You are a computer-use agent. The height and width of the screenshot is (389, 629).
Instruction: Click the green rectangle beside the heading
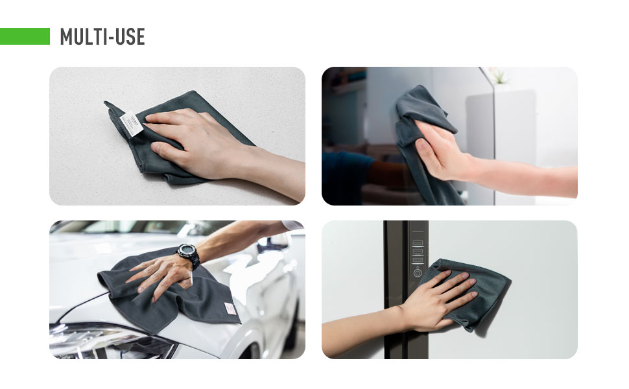[25, 36]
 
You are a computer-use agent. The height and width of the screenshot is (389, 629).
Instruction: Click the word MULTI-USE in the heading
[102, 37]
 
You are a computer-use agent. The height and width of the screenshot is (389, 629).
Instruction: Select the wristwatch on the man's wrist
[188, 254]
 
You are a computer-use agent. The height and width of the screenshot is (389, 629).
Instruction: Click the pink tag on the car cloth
[230, 309]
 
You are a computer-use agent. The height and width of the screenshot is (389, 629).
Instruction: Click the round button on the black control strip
[418, 273]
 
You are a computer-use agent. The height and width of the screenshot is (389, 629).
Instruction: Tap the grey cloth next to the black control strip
[466, 293]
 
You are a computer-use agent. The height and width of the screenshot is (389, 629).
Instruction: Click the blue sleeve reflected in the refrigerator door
[348, 176]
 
